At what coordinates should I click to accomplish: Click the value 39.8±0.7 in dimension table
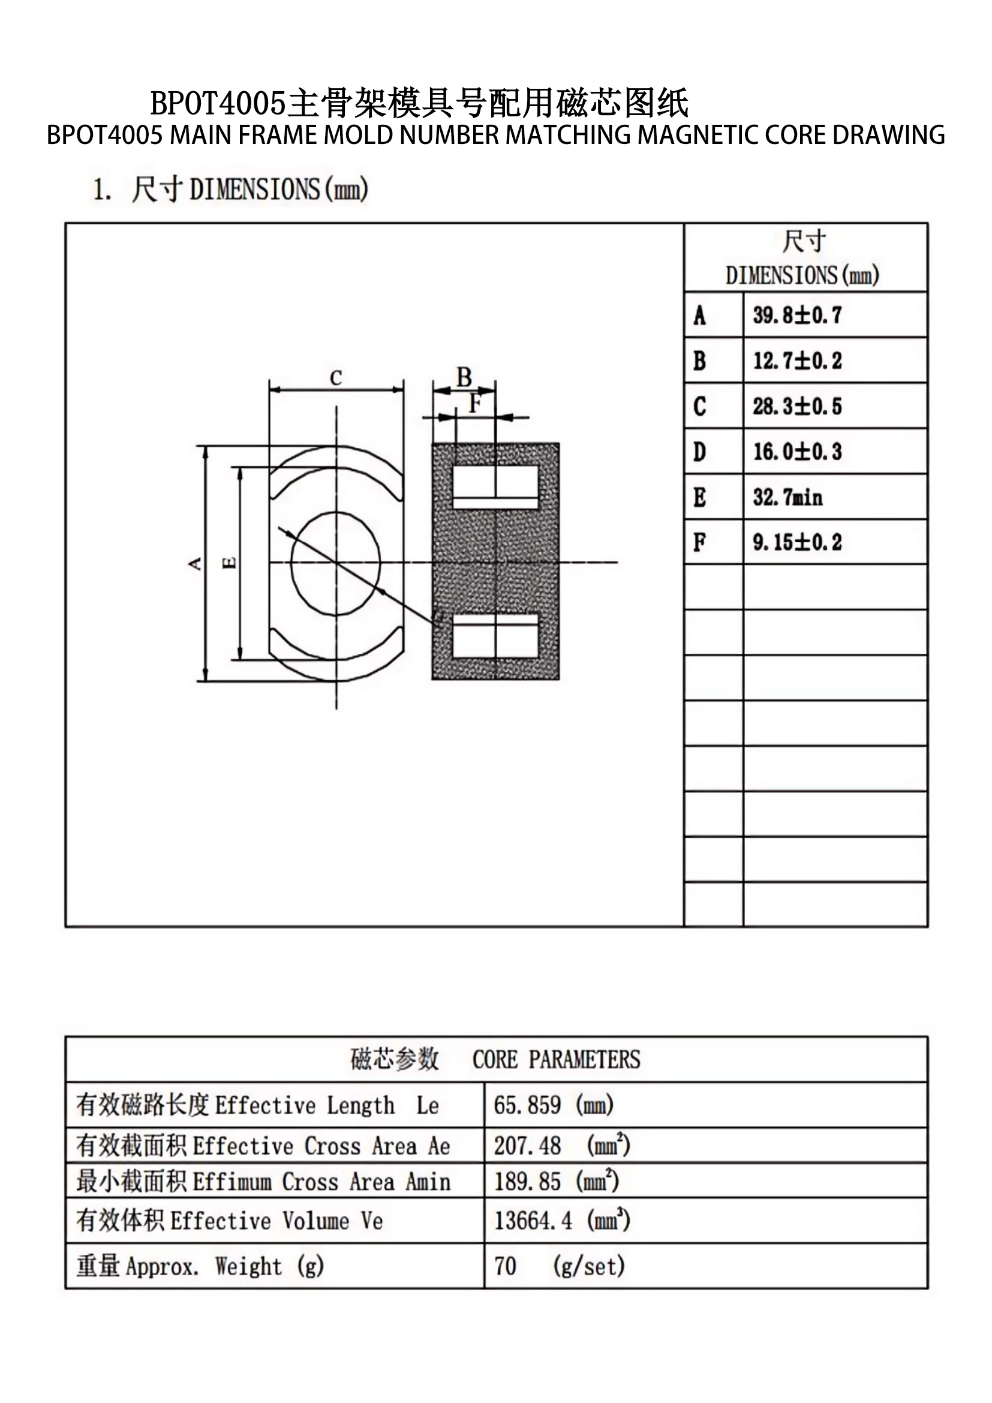point(797,316)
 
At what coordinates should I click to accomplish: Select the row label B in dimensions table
point(699,360)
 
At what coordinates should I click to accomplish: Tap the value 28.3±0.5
point(797,405)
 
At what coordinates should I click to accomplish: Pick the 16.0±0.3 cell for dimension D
point(797,452)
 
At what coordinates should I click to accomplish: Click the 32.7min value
point(787,497)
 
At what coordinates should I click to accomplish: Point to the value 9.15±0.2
point(797,542)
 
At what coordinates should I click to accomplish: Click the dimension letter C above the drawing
point(336,378)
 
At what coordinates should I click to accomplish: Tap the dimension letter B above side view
point(464,377)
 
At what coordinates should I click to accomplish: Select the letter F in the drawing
point(475,403)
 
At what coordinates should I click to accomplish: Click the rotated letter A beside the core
point(195,563)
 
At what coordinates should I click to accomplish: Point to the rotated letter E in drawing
point(230,563)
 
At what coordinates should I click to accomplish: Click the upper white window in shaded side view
point(495,487)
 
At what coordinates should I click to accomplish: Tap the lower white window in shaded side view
point(495,635)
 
